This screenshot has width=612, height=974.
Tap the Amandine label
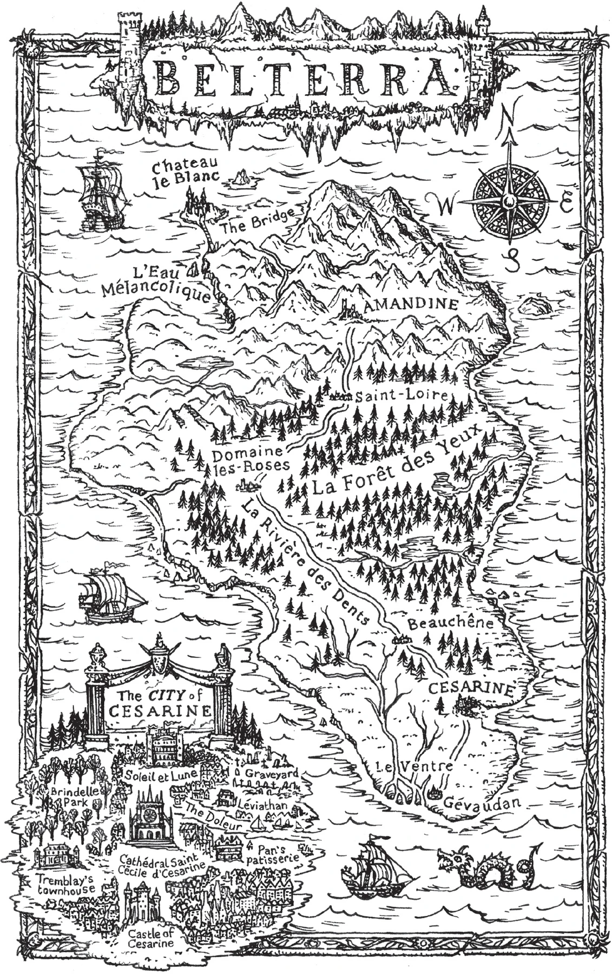point(411,305)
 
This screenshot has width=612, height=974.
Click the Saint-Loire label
point(401,396)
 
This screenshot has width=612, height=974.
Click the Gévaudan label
point(483,802)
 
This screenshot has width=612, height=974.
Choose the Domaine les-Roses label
point(248,459)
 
